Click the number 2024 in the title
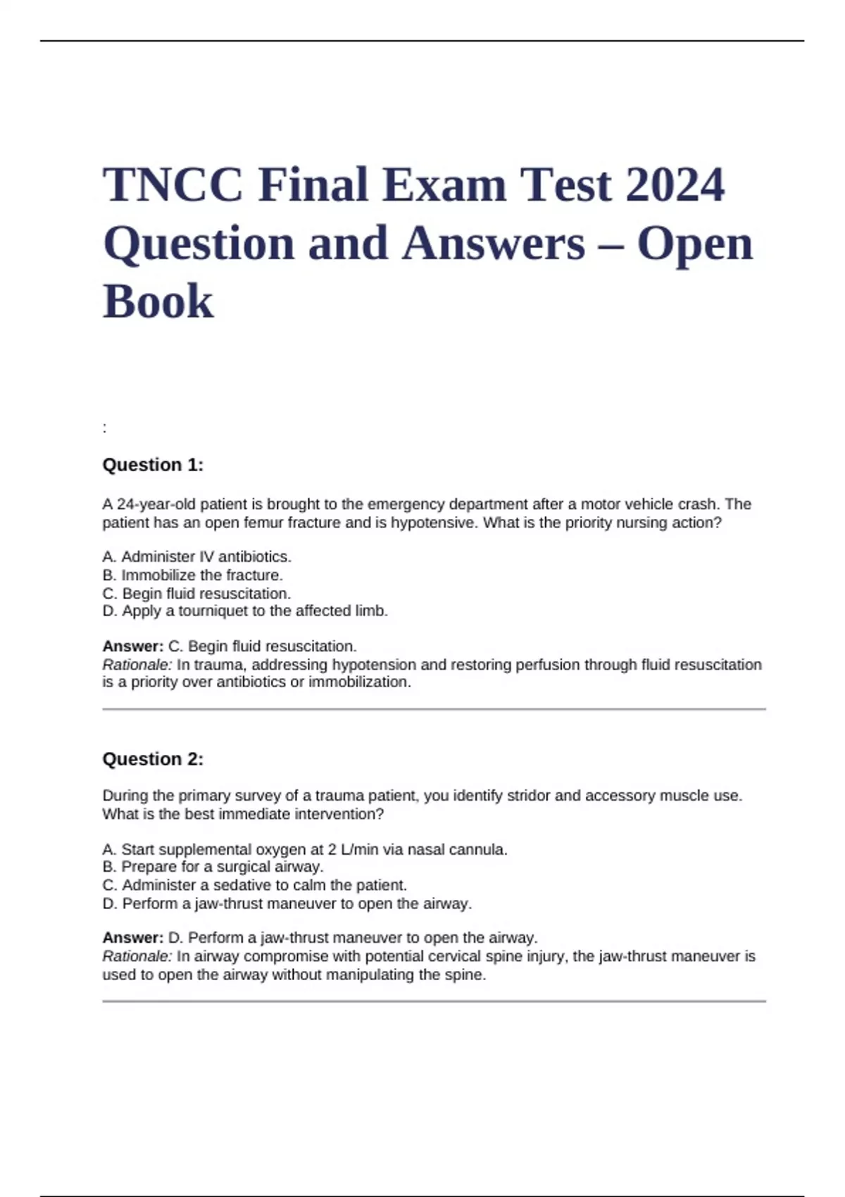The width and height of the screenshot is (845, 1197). coord(674,185)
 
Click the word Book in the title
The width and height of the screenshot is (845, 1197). coord(158,302)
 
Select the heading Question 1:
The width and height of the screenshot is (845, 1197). coord(153,465)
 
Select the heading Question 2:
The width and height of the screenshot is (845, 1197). coord(153,759)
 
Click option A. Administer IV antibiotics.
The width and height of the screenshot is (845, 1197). coord(196,557)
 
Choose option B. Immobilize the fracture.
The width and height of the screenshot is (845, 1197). coord(192,575)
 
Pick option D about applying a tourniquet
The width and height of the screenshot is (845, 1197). coord(245,611)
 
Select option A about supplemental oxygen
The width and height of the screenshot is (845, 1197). coord(304,850)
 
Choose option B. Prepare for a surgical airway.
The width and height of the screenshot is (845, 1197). coord(213,867)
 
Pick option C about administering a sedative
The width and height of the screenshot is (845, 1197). coord(254,885)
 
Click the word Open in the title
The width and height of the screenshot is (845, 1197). coord(694,244)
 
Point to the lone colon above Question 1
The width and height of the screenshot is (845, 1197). coord(105,428)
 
